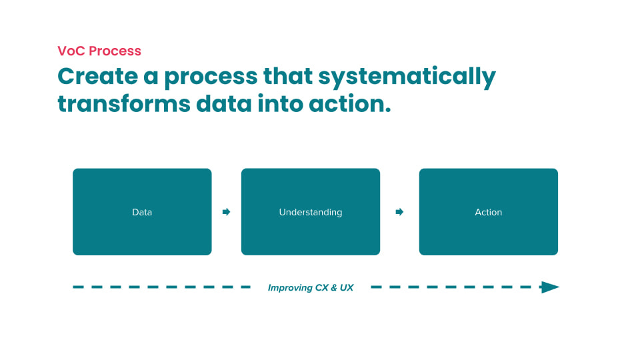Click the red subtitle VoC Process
(99, 51)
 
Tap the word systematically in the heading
(407, 77)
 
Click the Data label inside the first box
(142, 212)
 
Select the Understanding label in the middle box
(310, 212)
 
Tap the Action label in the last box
(488, 212)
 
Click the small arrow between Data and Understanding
(226, 212)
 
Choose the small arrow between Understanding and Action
(399, 212)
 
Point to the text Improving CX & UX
(310, 288)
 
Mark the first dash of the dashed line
(78, 287)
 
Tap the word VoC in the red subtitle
(71, 51)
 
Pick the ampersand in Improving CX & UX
(333, 288)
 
